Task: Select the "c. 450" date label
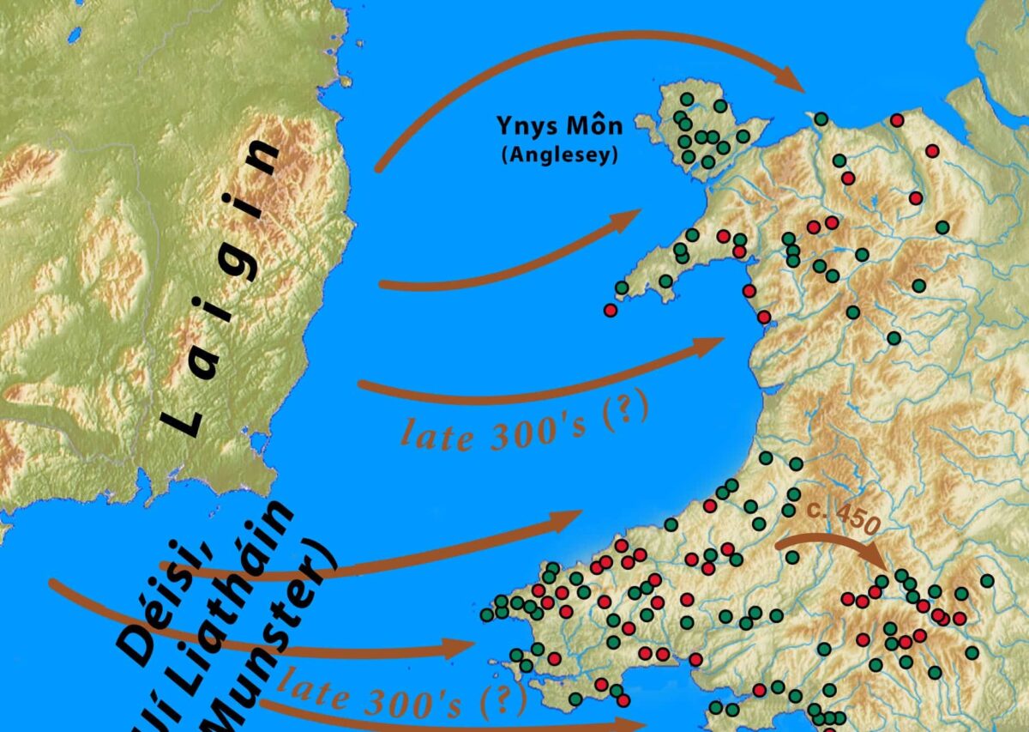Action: coord(844,515)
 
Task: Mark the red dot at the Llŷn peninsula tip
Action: coord(611,310)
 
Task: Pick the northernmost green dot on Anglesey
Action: coord(686,99)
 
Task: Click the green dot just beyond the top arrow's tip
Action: coord(821,118)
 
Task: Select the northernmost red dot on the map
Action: coord(897,120)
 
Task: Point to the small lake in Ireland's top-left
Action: coord(75,34)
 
